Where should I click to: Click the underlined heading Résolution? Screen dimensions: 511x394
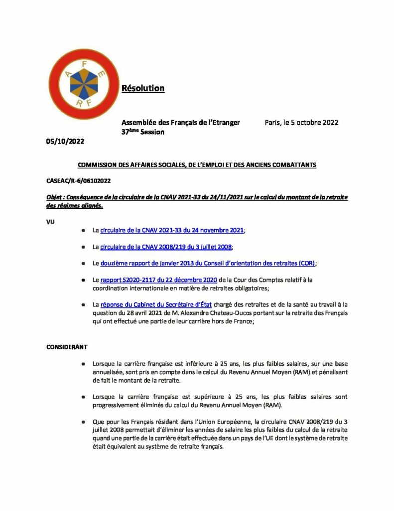(x=143, y=88)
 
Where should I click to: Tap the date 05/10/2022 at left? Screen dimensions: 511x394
(x=62, y=141)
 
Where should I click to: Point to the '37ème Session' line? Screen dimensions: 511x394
(x=143, y=132)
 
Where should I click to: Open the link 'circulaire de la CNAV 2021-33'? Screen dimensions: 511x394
(x=172, y=231)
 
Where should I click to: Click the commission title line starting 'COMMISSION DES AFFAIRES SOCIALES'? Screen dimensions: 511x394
(x=196, y=165)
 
